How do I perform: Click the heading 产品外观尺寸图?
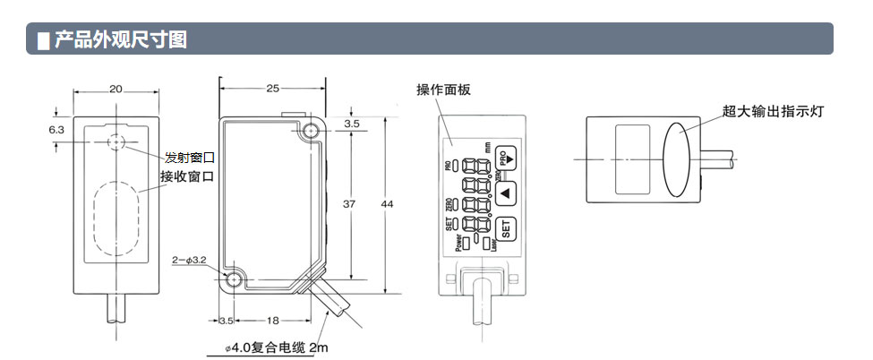121,40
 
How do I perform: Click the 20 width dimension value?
116,89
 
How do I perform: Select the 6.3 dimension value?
56,129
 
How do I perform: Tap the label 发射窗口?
190,158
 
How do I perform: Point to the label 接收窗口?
187,176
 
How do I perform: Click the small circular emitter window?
116,144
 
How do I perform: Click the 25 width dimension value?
273,89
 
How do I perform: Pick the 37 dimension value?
350,205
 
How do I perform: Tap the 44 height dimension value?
387,205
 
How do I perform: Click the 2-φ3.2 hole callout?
190,261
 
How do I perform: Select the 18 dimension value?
272,320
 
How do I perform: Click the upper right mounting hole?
311,133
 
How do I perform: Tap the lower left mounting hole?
235,279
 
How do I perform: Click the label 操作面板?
443,90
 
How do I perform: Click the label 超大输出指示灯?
773,112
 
